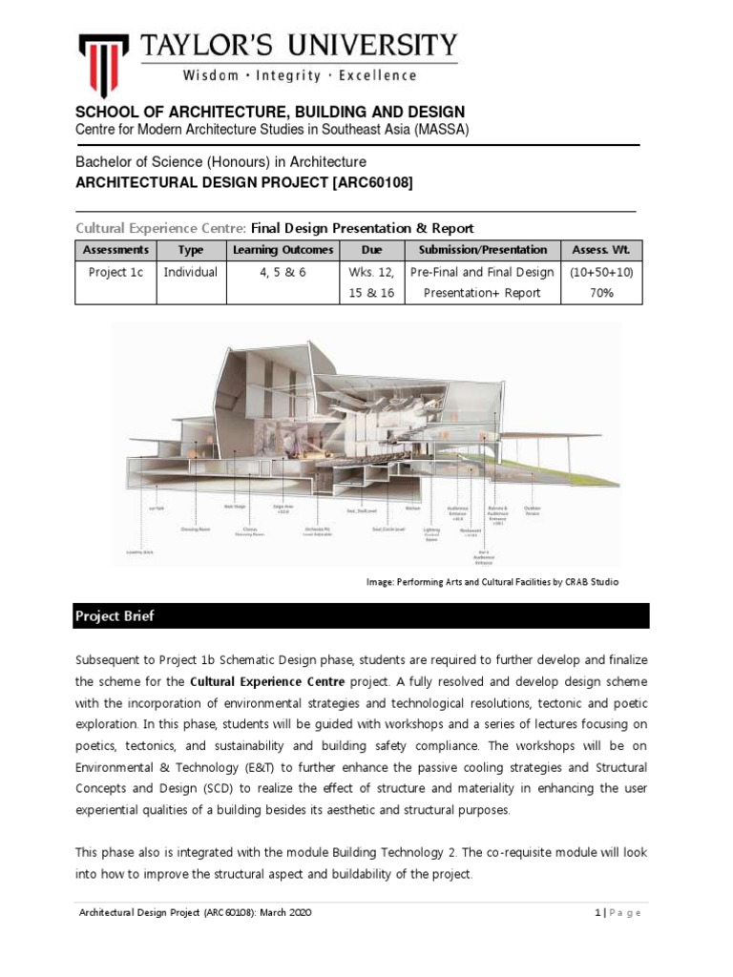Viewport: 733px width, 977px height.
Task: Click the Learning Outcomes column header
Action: click(283, 250)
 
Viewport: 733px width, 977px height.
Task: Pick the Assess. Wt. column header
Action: click(601, 250)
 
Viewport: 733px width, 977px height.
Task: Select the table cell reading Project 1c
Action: click(115, 272)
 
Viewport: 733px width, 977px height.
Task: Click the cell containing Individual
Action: click(190, 272)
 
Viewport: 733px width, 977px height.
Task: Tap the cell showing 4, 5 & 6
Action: click(283, 272)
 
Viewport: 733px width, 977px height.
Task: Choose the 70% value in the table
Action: click(601, 293)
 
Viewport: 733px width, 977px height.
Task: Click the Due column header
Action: click(371, 250)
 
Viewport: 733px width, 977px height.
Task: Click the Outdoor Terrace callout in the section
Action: click(533, 510)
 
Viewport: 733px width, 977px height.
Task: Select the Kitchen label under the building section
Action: click(412, 509)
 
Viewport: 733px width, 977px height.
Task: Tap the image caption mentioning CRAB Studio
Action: click(486, 582)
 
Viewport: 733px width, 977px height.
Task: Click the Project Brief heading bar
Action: click(362, 615)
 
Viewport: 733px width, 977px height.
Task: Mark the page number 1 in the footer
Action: click(597, 913)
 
